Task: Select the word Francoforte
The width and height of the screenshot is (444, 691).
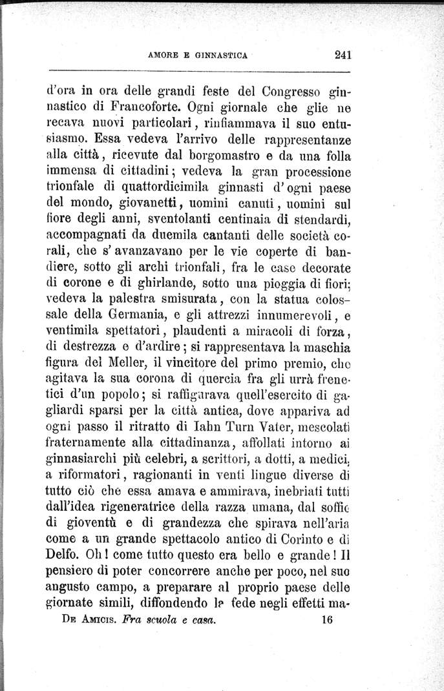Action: (134, 103)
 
